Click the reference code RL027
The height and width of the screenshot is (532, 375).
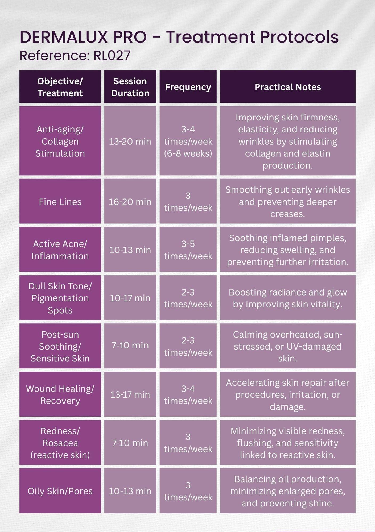112,56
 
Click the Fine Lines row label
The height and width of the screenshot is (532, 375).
60,202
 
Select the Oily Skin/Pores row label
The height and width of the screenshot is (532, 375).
60,491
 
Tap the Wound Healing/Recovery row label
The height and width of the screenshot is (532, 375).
60,394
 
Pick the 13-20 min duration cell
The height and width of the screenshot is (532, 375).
130,141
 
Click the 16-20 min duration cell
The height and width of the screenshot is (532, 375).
130,202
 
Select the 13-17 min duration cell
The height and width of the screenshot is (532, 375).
130,394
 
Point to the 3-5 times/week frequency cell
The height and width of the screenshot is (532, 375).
188,250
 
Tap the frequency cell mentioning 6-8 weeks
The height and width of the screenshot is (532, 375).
188,141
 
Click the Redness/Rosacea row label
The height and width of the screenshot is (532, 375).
60,443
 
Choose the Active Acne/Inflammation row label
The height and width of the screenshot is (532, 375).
60,250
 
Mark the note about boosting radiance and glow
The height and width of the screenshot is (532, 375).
288,298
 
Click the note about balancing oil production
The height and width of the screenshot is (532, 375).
288,491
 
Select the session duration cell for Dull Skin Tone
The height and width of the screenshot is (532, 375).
130,298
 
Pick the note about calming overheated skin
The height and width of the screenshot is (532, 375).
288,346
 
